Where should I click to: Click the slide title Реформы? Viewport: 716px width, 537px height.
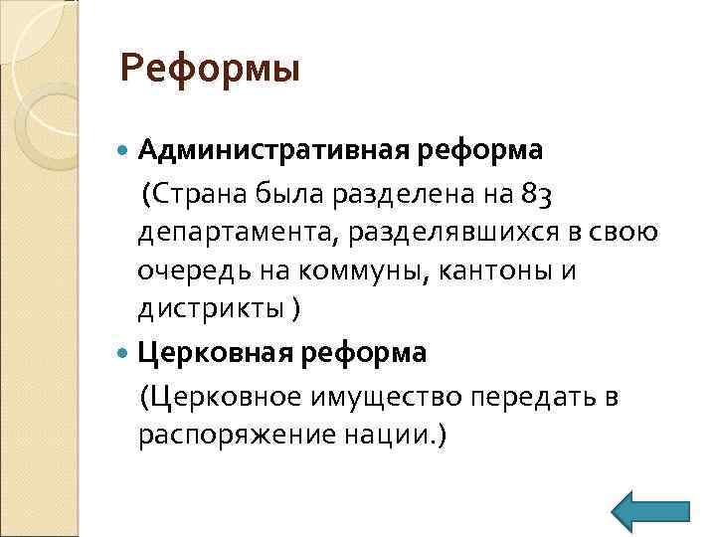pos(209,70)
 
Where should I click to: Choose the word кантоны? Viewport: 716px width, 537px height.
pos(495,270)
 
